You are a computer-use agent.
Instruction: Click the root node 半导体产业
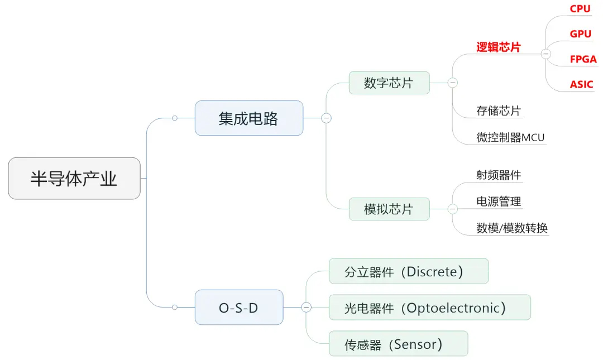[74, 179]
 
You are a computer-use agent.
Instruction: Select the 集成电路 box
[248, 118]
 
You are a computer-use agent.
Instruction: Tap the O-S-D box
[238, 308]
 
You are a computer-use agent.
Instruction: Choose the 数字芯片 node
[389, 83]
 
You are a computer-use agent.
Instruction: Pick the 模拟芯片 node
[389, 209]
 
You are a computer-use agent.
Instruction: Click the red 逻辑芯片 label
[498, 47]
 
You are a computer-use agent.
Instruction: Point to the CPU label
[580, 9]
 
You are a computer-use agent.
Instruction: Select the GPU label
[581, 34]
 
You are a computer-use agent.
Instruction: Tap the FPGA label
[583, 59]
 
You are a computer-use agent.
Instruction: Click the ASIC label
[582, 85]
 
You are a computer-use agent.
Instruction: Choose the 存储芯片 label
[498, 111]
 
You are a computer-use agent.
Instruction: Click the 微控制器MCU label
[510, 137]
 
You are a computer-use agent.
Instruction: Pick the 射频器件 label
[498, 175]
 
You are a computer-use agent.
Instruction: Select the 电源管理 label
[498, 201]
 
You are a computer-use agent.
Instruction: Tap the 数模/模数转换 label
[511, 228]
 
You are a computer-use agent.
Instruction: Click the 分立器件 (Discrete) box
[408, 271]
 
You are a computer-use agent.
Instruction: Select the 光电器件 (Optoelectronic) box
[429, 308]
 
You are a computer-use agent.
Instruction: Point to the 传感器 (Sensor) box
[398, 344]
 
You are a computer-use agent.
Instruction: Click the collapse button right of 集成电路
[326, 118]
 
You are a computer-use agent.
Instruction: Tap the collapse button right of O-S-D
[306, 308]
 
